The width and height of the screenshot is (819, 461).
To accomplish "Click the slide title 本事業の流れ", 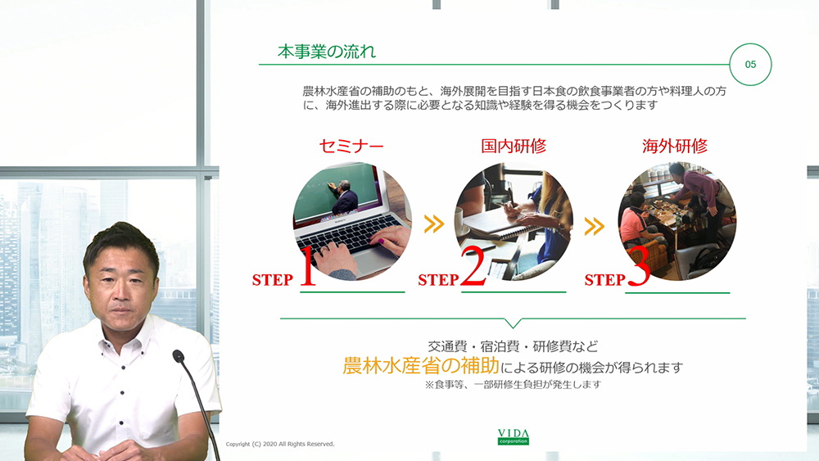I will pos(326,52).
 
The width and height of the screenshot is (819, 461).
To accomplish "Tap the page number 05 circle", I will pos(750,64).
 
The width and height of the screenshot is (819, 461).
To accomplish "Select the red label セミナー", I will pos(351,147).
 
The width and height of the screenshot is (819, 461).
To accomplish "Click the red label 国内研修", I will pos(514,147).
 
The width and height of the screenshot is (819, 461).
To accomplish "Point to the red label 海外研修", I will pos(675,147).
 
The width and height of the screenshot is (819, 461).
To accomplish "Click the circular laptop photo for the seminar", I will pos(352,219).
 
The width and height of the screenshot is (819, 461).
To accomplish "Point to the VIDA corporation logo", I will pos(514,436).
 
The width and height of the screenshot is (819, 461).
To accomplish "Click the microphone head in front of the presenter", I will pos(179,356).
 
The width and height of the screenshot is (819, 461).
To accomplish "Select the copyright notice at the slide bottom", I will pos(280,444).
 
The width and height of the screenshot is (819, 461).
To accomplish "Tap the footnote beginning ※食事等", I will pos(513,384).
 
